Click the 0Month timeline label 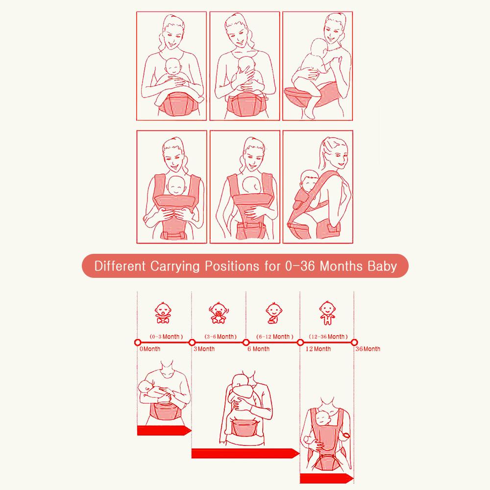point(150,349)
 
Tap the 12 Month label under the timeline point(318,349)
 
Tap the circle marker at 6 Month point(246,342)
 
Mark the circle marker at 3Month point(192,342)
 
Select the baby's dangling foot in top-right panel point(309,114)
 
